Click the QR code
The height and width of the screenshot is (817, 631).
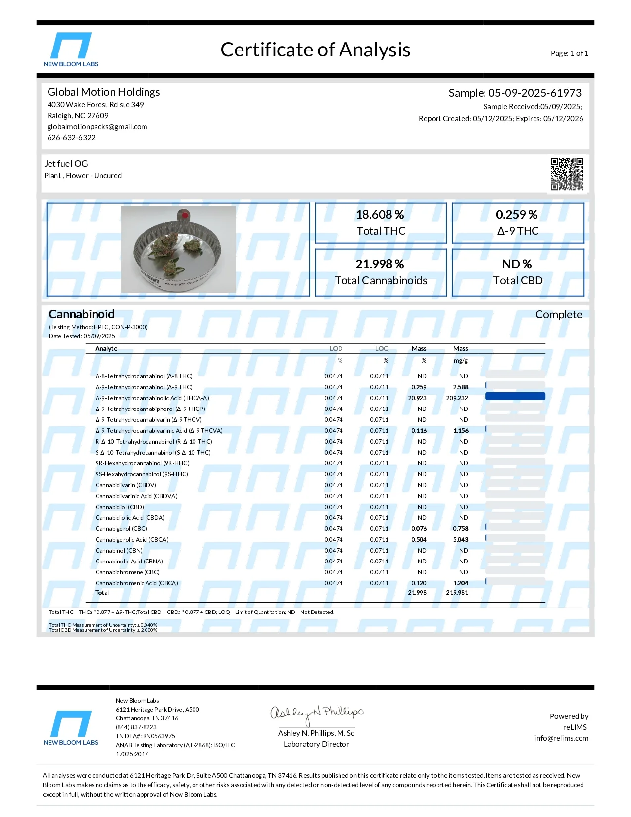click(x=567, y=174)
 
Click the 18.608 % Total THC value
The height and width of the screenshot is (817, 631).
click(x=380, y=215)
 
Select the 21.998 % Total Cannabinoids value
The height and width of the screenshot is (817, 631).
click(x=380, y=264)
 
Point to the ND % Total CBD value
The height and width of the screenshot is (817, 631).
click(x=517, y=264)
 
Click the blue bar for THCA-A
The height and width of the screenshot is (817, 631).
click(x=515, y=396)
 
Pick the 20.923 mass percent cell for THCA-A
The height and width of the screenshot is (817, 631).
click(x=417, y=398)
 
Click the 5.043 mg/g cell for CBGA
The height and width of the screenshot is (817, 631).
click(x=461, y=540)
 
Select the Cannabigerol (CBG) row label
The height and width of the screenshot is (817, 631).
click(x=121, y=529)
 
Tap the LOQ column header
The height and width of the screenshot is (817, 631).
click(x=382, y=349)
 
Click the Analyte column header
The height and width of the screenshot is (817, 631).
click(x=106, y=349)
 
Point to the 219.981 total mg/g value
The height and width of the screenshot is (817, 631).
click(x=457, y=593)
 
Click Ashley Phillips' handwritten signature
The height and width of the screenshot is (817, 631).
click(x=316, y=714)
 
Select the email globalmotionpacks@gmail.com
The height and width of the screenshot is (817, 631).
click(x=97, y=127)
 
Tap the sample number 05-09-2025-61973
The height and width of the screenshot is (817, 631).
click(x=535, y=93)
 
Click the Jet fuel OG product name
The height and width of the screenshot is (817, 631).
click(x=66, y=164)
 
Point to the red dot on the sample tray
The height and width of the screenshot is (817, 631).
click(x=184, y=215)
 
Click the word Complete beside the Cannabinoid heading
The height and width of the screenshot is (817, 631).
click(x=558, y=315)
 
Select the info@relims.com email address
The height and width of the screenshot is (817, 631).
click(x=561, y=738)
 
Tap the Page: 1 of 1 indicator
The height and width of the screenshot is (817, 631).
click(x=569, y=53)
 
